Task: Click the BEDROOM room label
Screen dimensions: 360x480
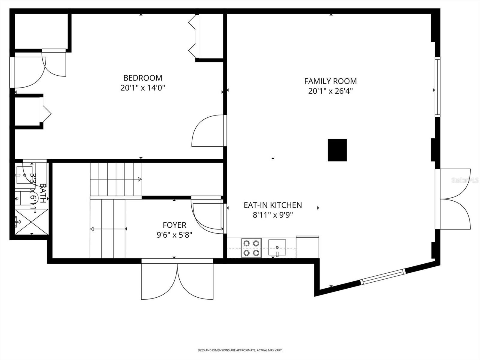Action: (x=143, y=78)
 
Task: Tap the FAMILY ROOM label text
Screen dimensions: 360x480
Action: (x=330, y=81)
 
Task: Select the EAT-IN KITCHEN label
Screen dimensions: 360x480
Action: (x=273, y=205)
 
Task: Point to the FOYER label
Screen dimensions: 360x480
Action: (x=174, y=225)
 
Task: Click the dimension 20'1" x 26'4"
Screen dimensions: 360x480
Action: (x=330, y=91)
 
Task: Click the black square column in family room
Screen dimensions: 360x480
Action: (x=337, y=150)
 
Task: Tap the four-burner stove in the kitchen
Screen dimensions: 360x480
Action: (x=251, y=248)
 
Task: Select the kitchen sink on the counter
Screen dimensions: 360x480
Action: (x=277, y=248)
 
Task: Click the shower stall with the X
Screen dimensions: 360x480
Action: (x=31, y=222)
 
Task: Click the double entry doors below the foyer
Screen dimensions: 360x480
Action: (x=177, y=280)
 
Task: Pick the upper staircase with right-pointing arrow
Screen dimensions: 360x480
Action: (x=116, y=179)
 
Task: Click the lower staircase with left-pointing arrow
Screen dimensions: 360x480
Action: (x=108, y=229)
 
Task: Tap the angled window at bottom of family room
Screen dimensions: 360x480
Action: (x=382, y=277)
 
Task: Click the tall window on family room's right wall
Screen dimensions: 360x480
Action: (x=437, y=87)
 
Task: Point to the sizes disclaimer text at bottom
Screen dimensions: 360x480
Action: (x=240, y=350)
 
